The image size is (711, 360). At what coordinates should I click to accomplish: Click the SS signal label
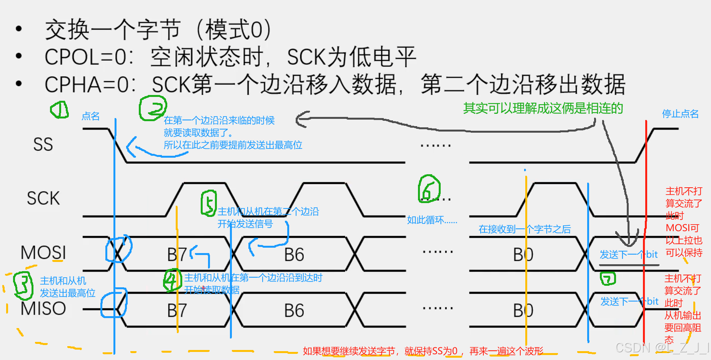(x=43, y=145)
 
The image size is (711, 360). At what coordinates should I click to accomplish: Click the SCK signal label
(x=43, y=198)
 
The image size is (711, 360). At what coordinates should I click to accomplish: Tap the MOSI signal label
(x=43, y=253)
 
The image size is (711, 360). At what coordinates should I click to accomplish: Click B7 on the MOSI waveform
(x=177, y=255)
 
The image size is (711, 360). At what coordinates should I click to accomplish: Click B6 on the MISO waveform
(x=294, y=311)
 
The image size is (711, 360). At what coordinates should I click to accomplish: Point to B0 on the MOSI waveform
(x=523, y=255)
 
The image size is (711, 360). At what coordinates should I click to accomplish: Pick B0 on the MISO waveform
(x=523, y=311)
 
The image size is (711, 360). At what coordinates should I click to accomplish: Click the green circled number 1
(x=60, y=110)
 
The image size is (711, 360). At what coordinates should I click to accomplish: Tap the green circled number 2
(x=153, y=108)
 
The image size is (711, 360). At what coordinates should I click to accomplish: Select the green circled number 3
(x=23, y=286)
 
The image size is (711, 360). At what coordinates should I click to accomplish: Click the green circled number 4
(x=172, y=280)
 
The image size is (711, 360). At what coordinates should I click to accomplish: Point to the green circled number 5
(x=209, y=203)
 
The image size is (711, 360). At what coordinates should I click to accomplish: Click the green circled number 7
(x=608, y=278)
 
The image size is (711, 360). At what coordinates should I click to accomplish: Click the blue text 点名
(x=91, y=116)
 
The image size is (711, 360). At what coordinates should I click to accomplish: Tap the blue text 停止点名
(x=680, y=114)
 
